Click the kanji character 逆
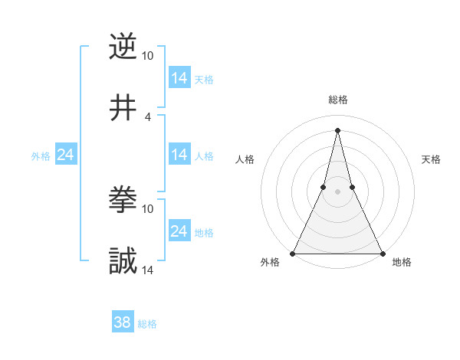pyautogui.click(x=123, y=47)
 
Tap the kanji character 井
pyautogui.click(x=123, y=107)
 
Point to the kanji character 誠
pyautogui.click(x=123, y=261)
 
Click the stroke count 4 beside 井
pyautogui.click(x=147, y=116)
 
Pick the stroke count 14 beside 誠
pyautogui.click(x=148, y=270)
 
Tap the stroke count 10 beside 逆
pyautogui.click(x=147, y=56)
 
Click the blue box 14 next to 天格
pyautogui.click(x=179, y=78)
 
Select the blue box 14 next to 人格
pyautogui.click(x=179, y=155)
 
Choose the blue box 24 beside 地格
pyautogui.click(x=179, y=231)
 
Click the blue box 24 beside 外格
pyautogui.click(x=65, y=155)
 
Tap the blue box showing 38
pyautogui.click(x=123, y=323)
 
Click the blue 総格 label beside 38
pyautogui.click(x=147, y=324)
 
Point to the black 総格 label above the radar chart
pyautogui.click(x=338, y=100)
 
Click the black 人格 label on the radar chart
pyautogui.click(x=245, y=159)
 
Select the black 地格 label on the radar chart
pyautogui.click(x=402, y=263)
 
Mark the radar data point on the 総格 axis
pyautogui.click(x=338, y=129)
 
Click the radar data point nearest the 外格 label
pyautogui.click(x=294, y=253)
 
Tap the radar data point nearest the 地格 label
pyautogui.click(x=382, y=253)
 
